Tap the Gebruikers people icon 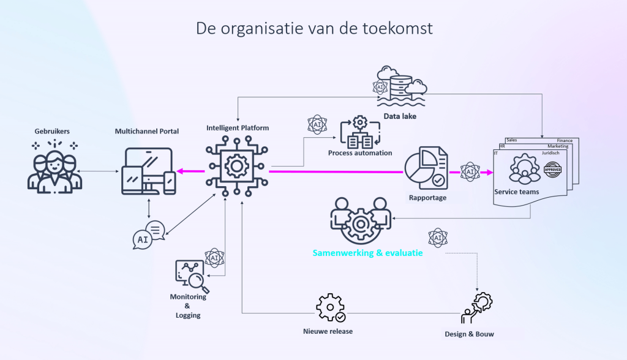click(x=54, y=166)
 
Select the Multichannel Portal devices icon click(x=149, y=171)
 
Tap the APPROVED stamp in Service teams click(x=552, y=170)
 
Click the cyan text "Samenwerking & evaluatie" click(x=367, y=253)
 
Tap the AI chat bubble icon click(x=147, y=235)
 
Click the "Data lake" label click(x=400, y=116)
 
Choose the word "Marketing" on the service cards click(x=558, y=146)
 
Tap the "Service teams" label click(x=517, y=192)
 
